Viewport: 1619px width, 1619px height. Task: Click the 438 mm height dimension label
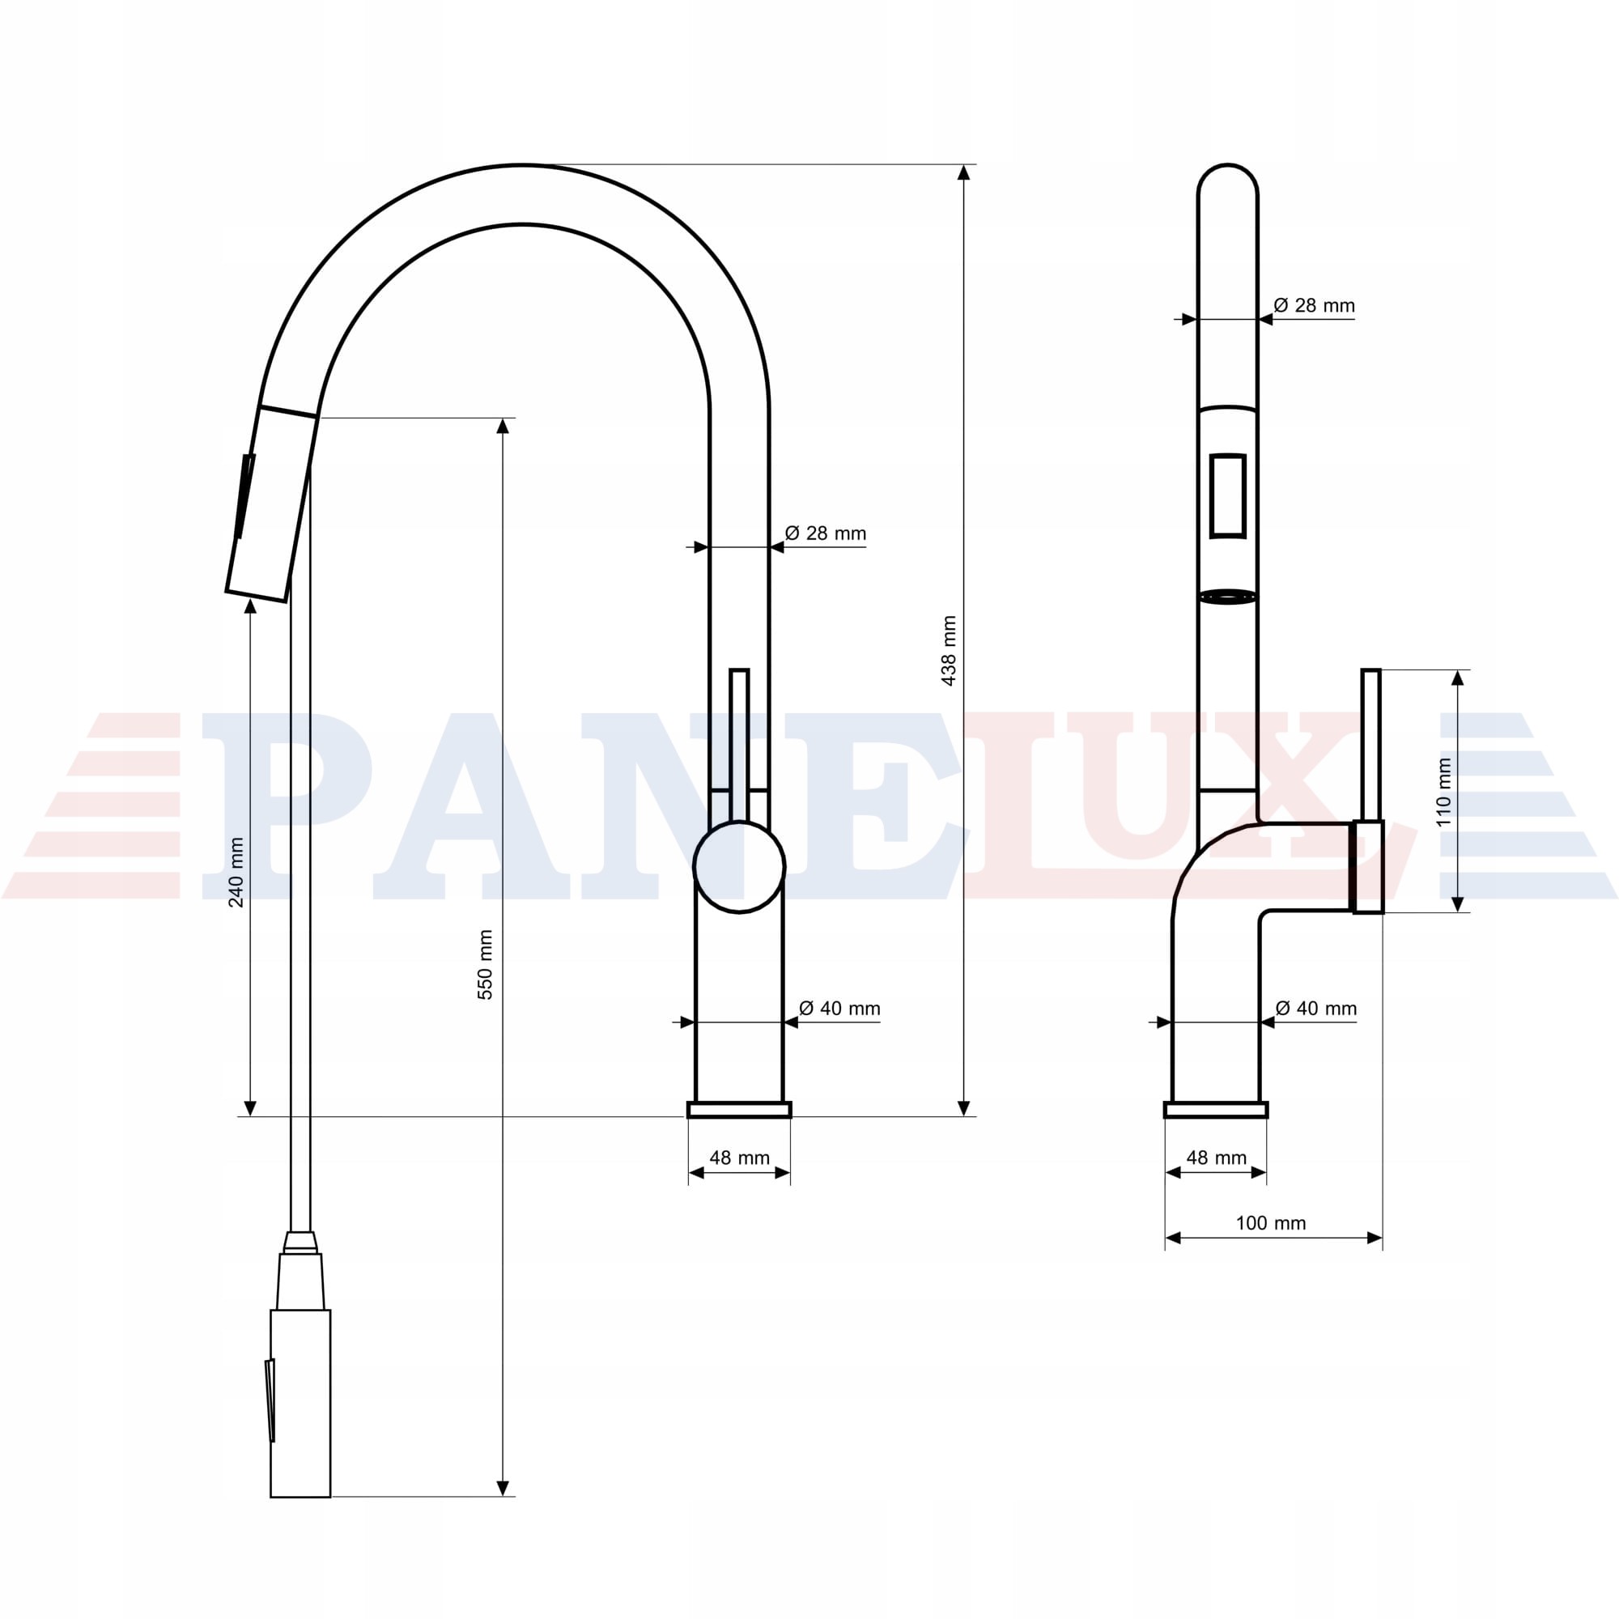point(949,651)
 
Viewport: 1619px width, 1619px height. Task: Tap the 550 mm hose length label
point(485,965)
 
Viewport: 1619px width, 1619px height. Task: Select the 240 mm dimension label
point(236,873)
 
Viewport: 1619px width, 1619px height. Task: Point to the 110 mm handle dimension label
point(1443,792)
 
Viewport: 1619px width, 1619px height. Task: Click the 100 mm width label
point(1270,1222)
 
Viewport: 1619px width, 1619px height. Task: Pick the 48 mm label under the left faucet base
point(739,1158)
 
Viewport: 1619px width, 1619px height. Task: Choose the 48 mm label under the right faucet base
point(1217,1158)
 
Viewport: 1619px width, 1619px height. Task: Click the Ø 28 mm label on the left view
point(826,533)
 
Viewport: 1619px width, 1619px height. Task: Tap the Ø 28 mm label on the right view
point(1314,305)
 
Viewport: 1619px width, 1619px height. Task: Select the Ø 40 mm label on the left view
point(839,1008)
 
